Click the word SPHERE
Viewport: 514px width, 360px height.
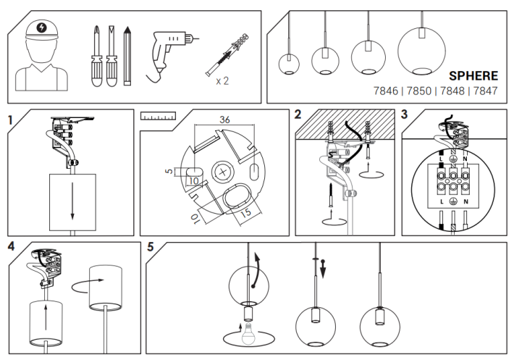[473, 75]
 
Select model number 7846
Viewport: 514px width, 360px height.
[384, 91]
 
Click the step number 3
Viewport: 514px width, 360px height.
[404, 115]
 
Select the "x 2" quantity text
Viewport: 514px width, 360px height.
[222, 80]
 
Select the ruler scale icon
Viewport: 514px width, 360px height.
[159, 116]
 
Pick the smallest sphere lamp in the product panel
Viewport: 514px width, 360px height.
[289, 64]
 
